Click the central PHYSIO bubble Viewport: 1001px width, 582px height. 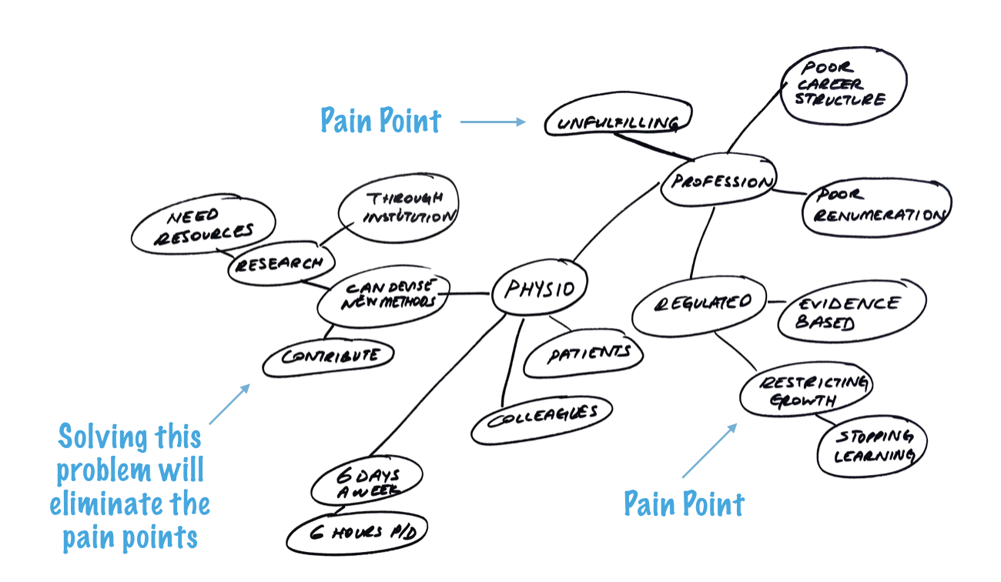pyautogui.click(x=539, y=289)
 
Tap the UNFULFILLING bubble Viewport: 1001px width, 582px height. pyautogui.click(x=618, y=122)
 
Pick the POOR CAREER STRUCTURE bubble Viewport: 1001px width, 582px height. pyautogui.click(x=842, y=85)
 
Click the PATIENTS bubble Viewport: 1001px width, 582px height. pyautogui.click(x=584, y=354)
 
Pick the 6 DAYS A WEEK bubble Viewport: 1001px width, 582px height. pyautogui.click(x=367, y=481)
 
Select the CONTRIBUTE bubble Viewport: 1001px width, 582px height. pyautogui.click(x=329, y=356)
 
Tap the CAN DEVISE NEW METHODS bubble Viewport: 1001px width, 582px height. pyautogui.click(x=383, y=299)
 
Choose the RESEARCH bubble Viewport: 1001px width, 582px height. pyautogui.click(x=277, y=264)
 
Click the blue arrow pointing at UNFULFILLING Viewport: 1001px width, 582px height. pyautogui.click(x=493, y=122)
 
